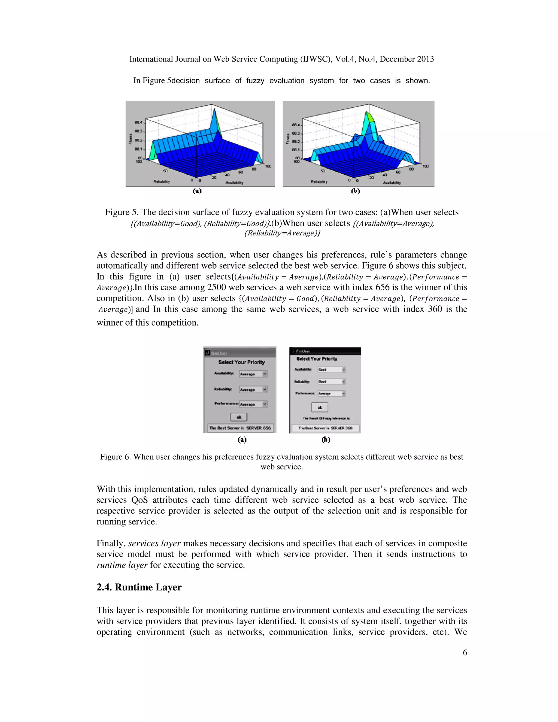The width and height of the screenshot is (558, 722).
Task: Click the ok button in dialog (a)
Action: point(239,417)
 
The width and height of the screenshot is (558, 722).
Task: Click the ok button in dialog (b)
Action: point(320,407)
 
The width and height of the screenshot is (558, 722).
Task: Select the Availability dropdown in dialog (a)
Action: point(253,374)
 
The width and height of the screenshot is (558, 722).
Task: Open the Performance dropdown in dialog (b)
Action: point(332,393)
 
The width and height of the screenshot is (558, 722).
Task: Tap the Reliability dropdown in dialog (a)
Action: point(253,389)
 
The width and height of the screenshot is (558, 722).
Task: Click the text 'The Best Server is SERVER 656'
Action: point(240,428)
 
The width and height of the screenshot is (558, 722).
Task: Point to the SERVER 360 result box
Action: point(325,428)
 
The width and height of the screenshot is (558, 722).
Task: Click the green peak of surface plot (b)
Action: point(368,116)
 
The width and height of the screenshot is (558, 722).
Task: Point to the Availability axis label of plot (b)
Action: point(392,183)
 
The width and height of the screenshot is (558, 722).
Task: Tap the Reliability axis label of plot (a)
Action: point(161,181)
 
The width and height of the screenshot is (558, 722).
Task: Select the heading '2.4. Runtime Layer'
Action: point(139,587)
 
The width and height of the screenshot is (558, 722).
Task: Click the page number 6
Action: point(465,652)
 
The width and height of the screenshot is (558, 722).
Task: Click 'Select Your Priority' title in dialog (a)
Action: point(241,362)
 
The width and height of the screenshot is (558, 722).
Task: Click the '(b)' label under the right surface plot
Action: point(355,191)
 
